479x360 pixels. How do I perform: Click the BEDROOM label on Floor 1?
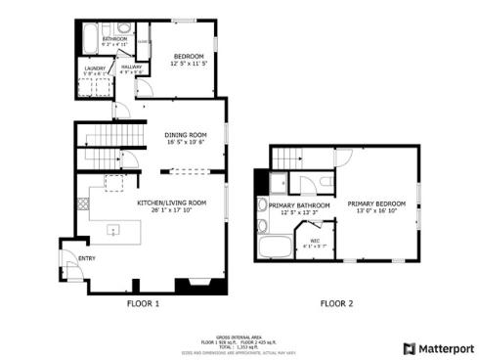pos(188,58)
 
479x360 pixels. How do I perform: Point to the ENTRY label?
pos(88,257)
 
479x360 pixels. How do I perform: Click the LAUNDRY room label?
pos(94,67)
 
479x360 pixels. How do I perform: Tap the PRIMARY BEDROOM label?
pos(375,202)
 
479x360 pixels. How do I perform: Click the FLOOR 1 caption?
pos(143,303)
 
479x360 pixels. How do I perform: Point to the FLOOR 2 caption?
pos(336,303)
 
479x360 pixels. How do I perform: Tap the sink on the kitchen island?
pos(113,232)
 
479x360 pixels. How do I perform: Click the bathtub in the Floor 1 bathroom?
pos(83,39)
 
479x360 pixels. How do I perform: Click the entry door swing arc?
pos(69,265)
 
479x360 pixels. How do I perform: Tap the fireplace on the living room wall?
pos(188,287)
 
